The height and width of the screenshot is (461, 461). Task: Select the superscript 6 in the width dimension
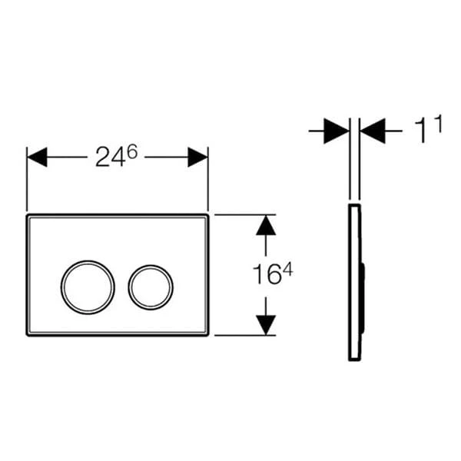coord(132,153)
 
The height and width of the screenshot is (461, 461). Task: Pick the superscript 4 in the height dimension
coord(287,270)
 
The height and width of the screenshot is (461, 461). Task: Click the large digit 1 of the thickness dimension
coord(422,131)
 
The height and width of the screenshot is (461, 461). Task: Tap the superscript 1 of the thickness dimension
coord(438,124)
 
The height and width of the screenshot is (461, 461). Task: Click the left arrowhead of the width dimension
coord(37,158)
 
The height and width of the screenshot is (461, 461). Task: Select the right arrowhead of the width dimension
coord(198,158)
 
